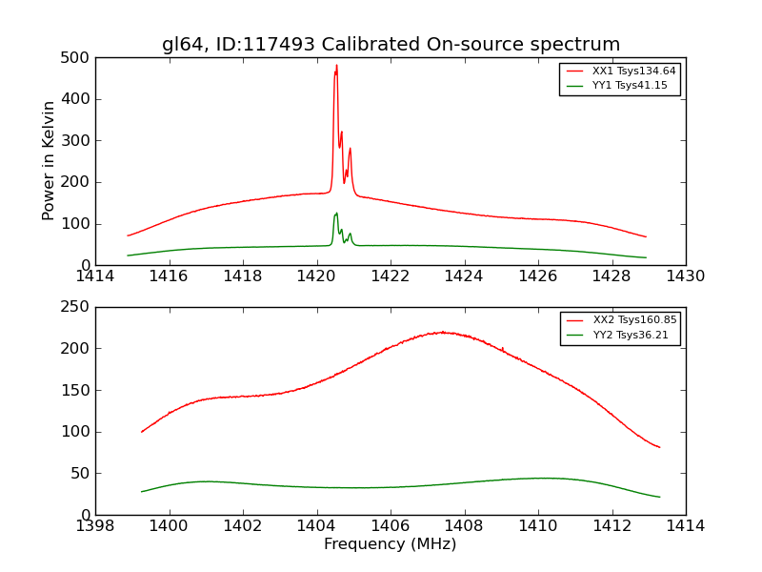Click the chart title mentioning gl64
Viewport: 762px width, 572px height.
click(391, 44)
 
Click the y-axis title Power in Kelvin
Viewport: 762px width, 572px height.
click(49, 161)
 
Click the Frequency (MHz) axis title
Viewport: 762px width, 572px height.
click(391, 544)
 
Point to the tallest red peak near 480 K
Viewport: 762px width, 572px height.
click(336, 66)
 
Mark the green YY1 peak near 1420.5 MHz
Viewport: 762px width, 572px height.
click(336, 213)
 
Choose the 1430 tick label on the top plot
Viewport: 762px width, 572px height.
click(685, 276)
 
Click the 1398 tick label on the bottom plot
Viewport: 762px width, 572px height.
click(95, 526)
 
